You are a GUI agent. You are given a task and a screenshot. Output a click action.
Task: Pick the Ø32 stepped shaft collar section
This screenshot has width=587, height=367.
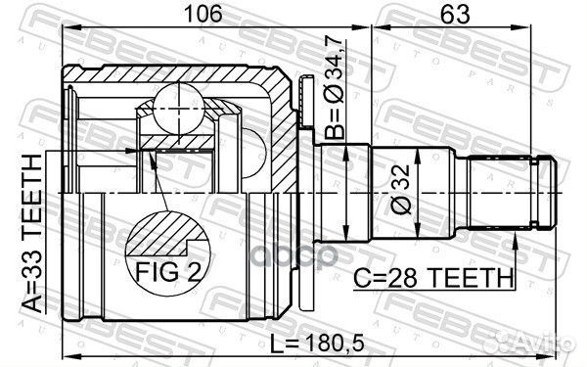pos(343,195)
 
